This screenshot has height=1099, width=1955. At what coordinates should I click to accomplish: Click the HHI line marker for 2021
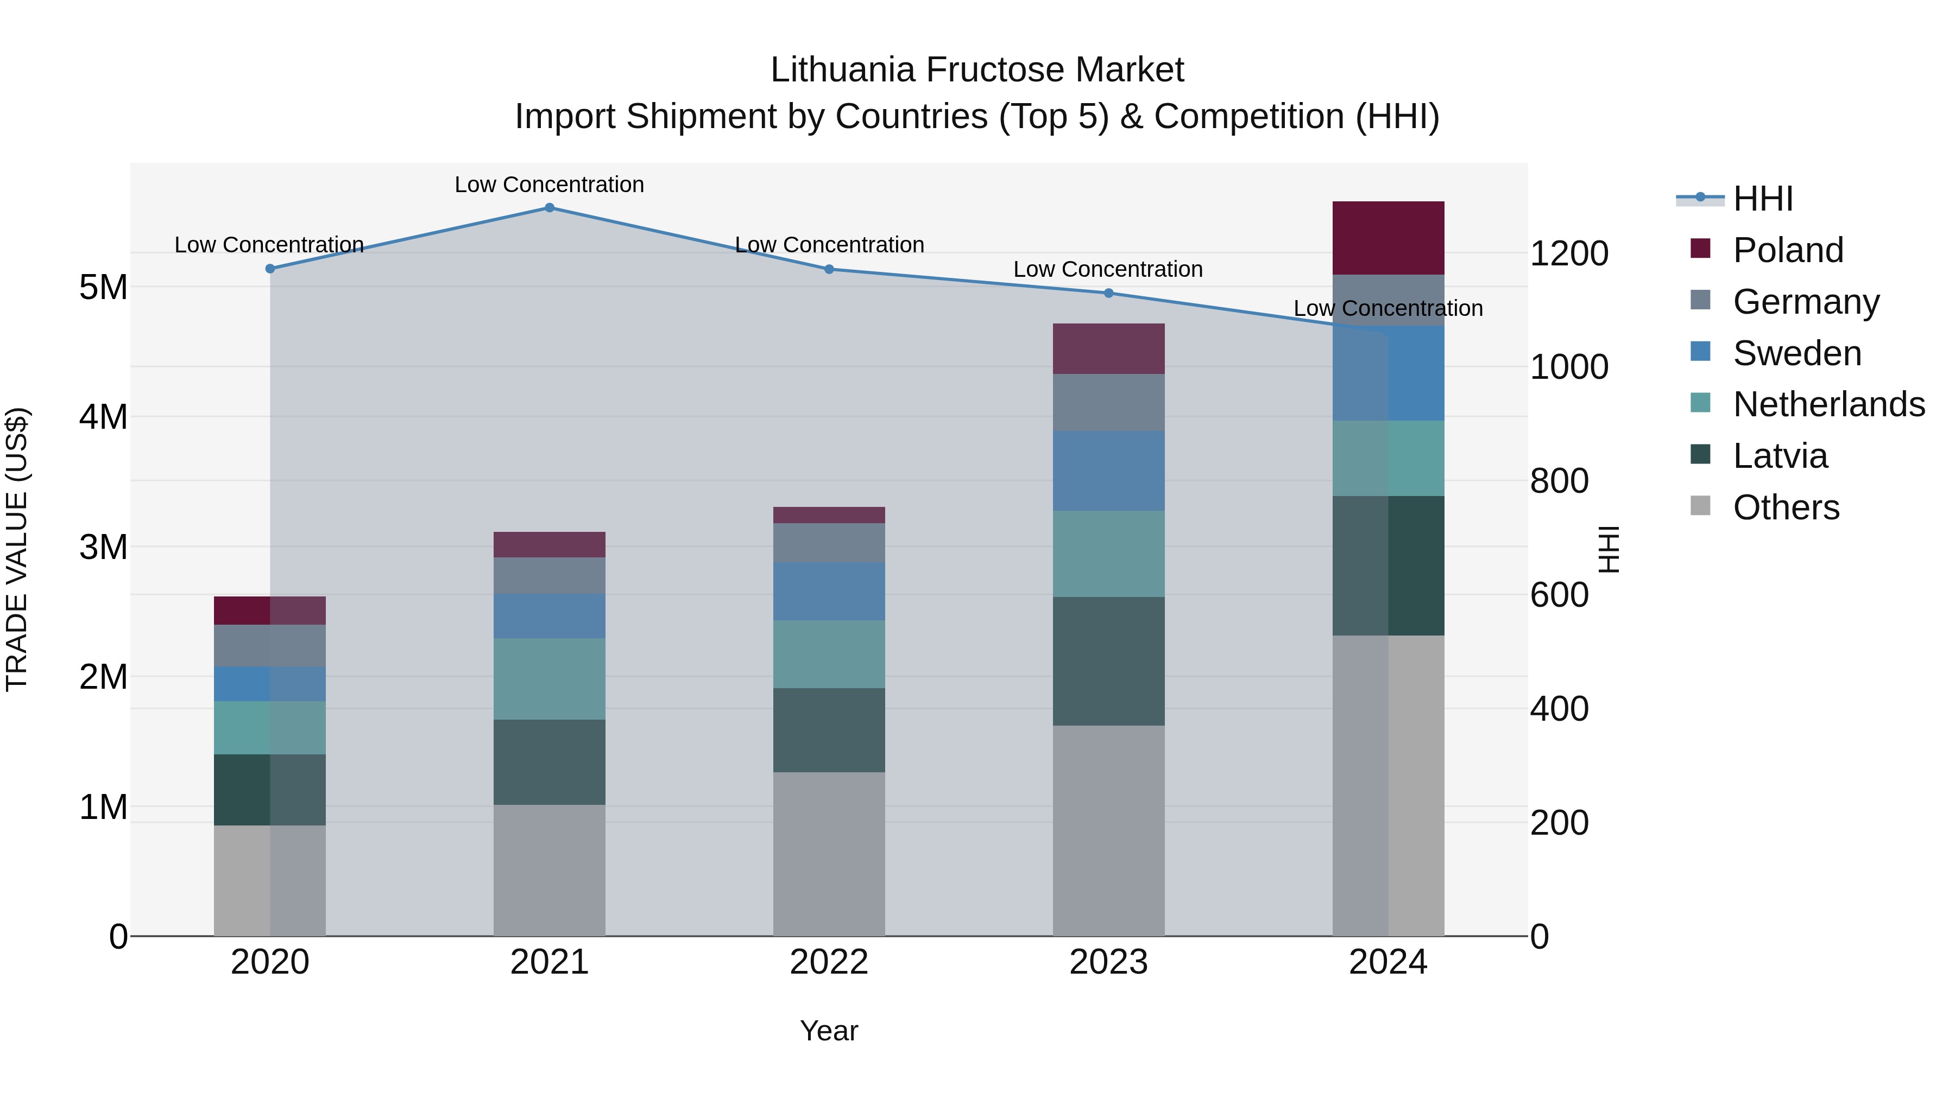pyautogui.click(x=550, y=208)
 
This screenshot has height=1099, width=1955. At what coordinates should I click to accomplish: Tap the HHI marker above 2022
pyautogui.click(x=829, y=269)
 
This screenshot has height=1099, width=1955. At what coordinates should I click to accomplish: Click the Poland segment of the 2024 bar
pyautogui.click(x=1388, y=238)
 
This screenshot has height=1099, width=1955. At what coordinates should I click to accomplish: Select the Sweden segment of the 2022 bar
pyautogui.click(x=829, y=591)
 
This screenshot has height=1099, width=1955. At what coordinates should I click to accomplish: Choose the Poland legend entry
pyautogui.click(x=1787, y=250)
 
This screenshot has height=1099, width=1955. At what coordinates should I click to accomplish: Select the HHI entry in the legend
pyautogui.click(x=1762, y=199)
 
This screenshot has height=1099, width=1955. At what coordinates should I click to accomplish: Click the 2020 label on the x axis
pyautogui.click(x=270, y=962)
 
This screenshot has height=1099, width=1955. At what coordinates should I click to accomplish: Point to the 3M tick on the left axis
pyautogui.click(x=103, y=547)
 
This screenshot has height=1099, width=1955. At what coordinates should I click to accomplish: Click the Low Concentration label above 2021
pyautogui.click(x=550, y=185)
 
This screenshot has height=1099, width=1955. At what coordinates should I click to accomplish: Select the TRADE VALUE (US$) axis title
pyautogui.click(x=17, y=549)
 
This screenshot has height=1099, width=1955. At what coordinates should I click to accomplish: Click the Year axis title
pyautogui.click(x=829, y=1031)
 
